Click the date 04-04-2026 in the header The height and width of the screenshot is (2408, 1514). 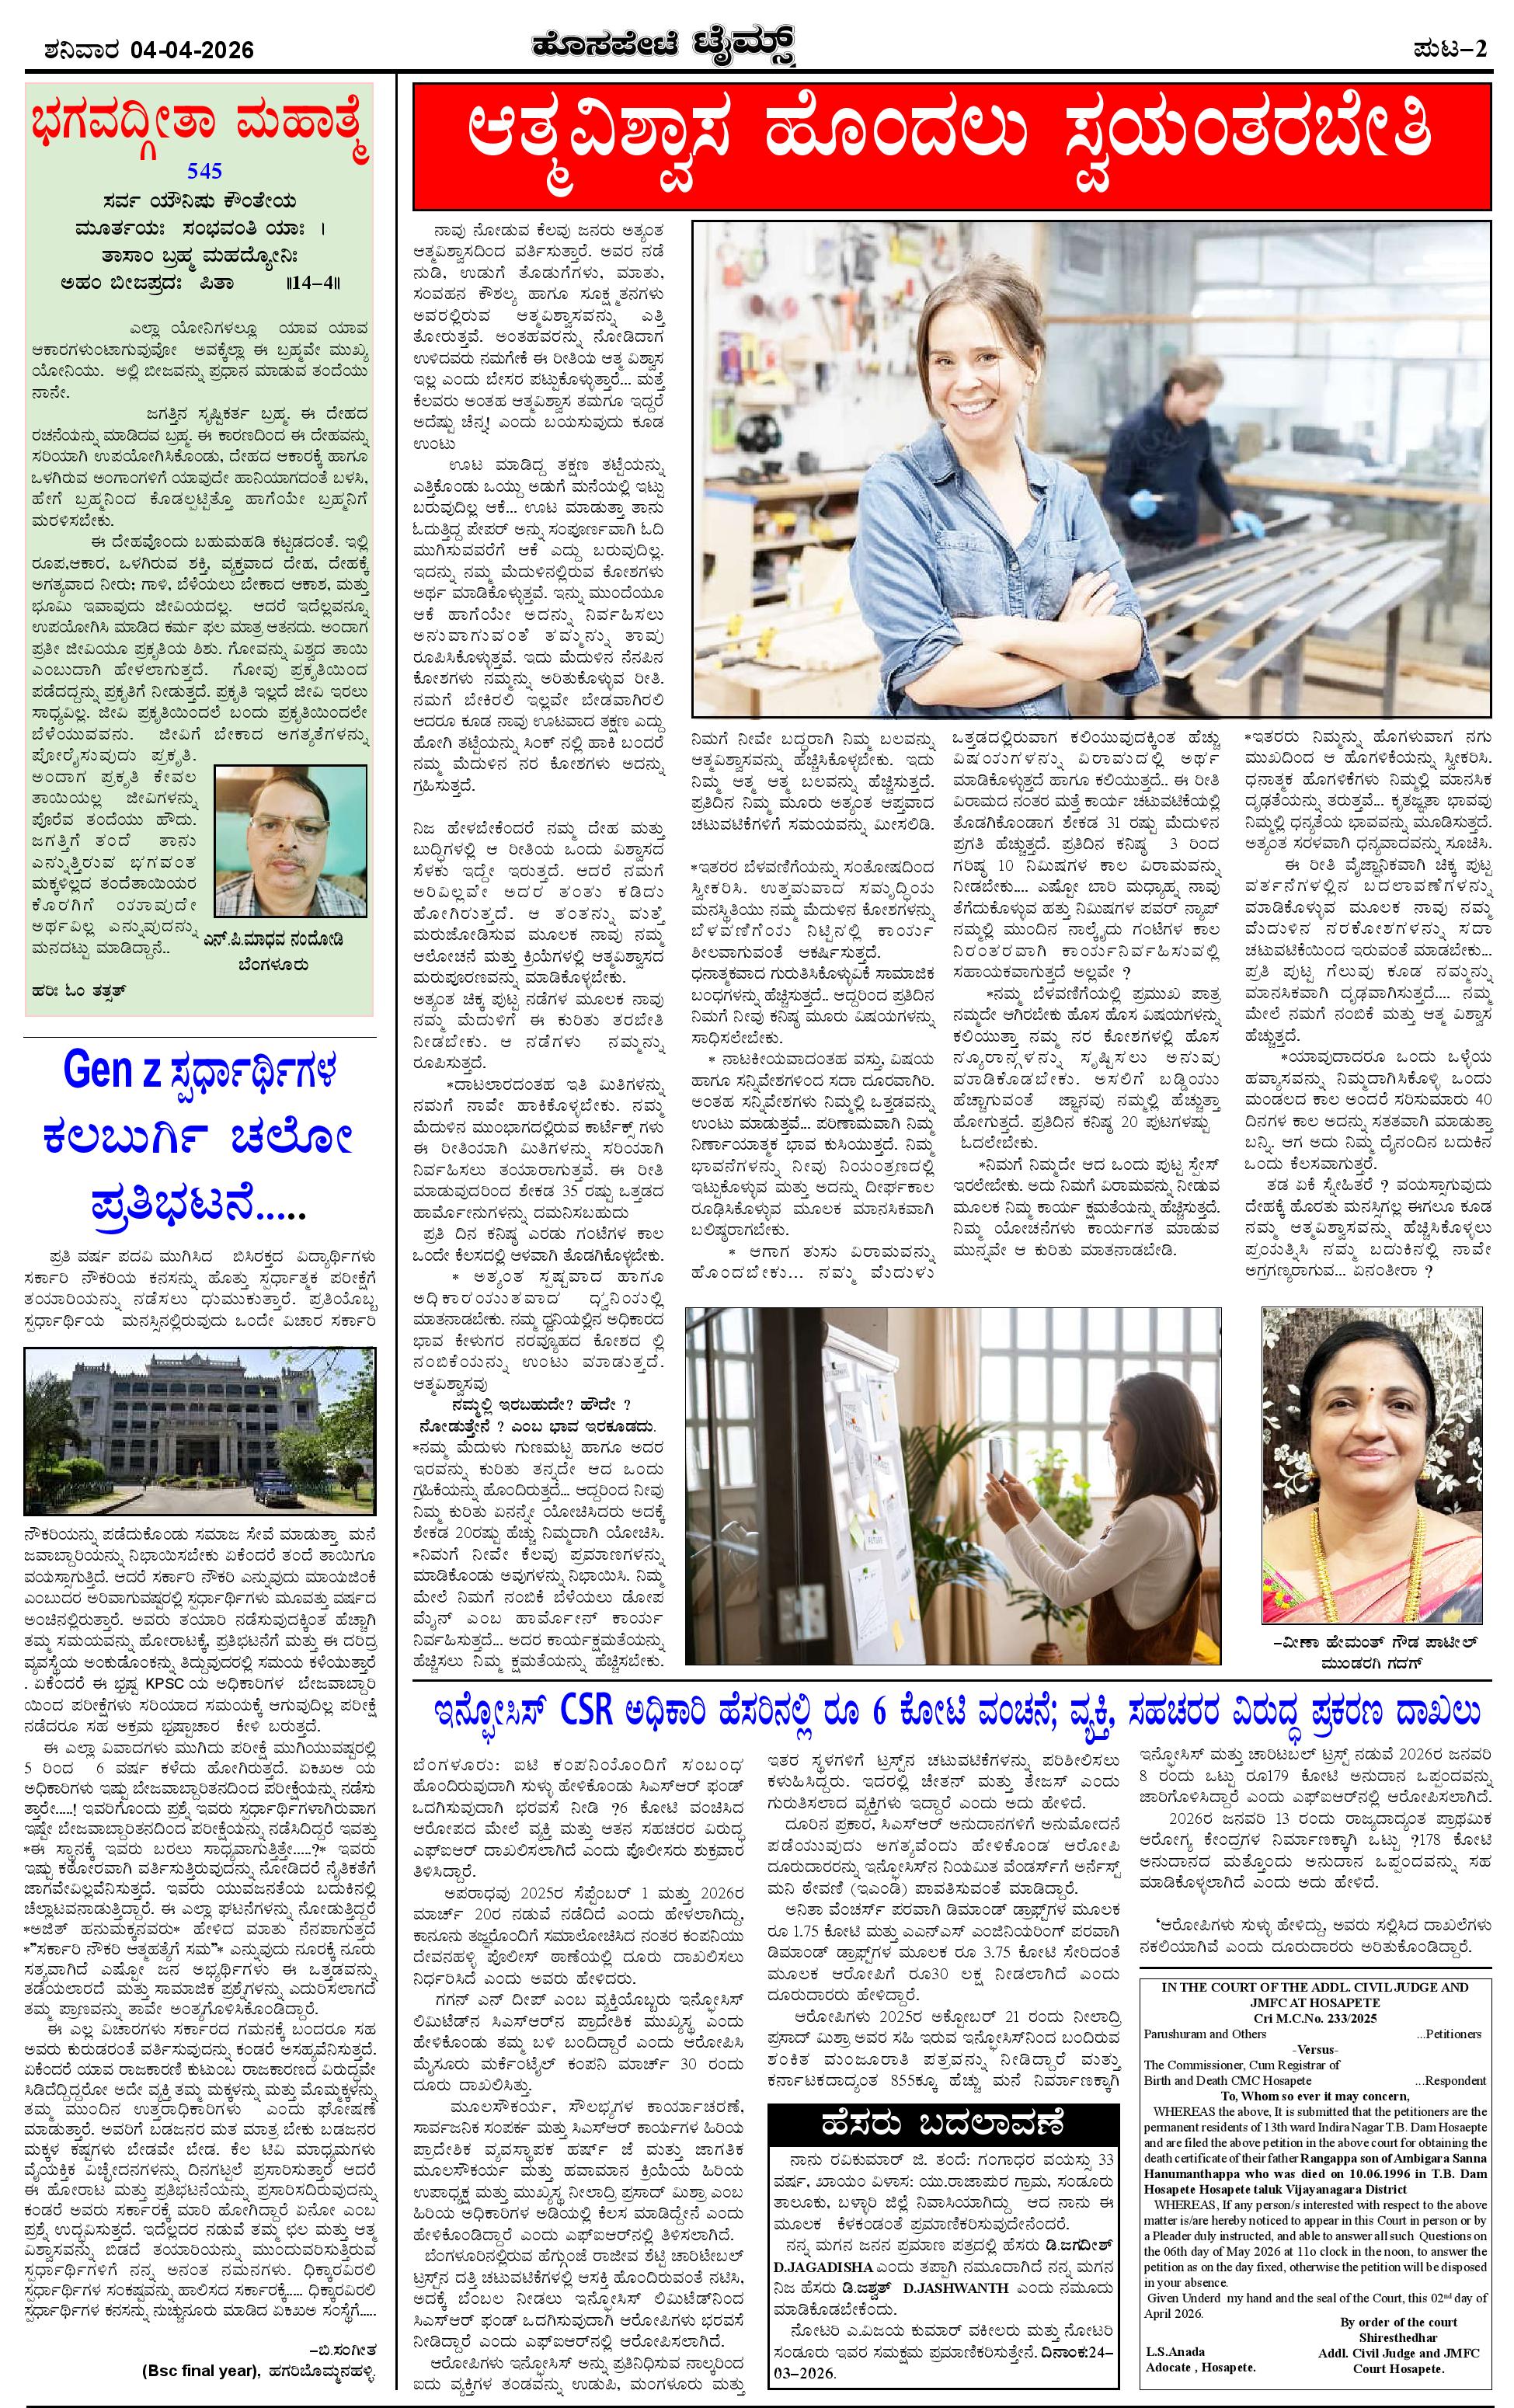191,50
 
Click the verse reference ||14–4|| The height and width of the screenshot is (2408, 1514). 313,283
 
